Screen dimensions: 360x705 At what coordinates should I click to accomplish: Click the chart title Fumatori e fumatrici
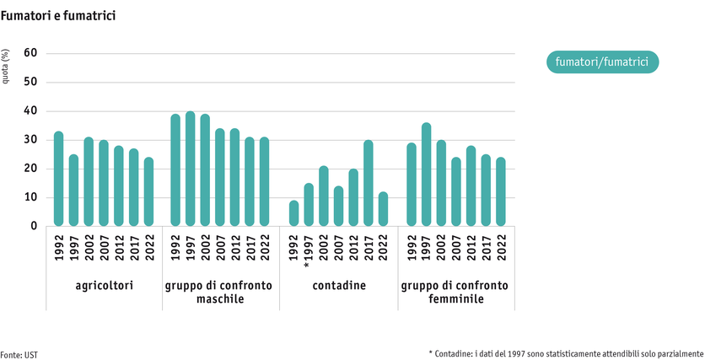57,16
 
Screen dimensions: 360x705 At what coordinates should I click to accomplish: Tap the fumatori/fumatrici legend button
601,62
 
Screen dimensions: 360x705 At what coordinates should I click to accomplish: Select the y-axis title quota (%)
7,69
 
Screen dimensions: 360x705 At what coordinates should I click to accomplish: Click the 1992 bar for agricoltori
58,179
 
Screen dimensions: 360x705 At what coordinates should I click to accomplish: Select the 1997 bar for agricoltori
73,191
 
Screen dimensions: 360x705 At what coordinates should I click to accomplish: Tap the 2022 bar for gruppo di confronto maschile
265,181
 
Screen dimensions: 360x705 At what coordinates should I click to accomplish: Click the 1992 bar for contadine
293,213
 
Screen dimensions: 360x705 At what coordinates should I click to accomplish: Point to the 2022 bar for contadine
383,209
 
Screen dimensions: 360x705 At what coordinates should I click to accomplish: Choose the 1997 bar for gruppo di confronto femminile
426,175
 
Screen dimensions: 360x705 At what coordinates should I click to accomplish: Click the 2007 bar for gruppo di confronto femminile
456,191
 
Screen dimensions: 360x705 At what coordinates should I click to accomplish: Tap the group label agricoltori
103,286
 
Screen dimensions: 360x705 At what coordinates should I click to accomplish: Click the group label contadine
338,286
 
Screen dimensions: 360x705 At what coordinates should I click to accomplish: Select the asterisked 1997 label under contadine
308,251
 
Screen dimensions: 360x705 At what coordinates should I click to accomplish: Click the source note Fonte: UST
19,355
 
